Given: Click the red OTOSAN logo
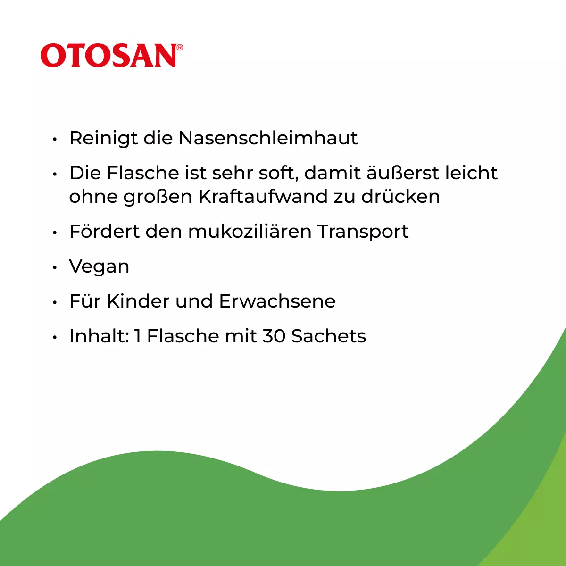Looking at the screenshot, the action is pos(112,56).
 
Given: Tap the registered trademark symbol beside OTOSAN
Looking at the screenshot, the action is pos(179,47).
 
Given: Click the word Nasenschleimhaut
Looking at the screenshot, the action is pos(268,138).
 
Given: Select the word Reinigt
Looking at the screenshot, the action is pos(103,138).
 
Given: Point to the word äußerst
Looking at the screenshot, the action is pos(403,173).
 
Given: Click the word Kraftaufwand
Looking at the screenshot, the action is pos(263,196).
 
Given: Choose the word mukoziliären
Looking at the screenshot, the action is pos(250,231).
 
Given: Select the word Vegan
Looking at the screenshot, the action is pos(99,267).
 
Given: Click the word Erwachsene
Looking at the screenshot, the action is pos(277,301).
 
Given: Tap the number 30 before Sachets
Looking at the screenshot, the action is pos(274,336).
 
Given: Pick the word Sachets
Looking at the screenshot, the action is pos(329,336).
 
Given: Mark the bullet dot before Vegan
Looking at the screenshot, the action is pos(55,267).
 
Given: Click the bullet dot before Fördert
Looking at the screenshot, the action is pos(55,233).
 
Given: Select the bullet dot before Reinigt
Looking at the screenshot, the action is pos(55,139).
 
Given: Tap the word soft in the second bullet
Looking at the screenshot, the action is pos(279,173).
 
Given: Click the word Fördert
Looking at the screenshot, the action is pos(104,231).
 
